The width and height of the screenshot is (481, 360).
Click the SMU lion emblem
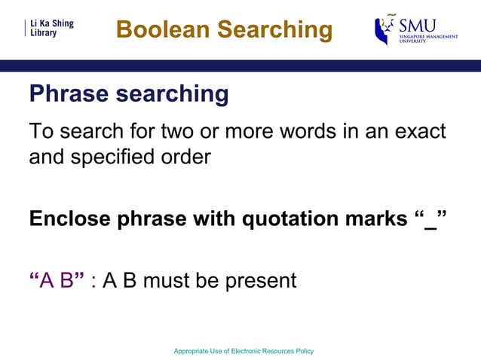pos(386,29)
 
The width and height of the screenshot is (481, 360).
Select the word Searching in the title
pos(274,29)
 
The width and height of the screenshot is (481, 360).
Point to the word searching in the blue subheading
pos(173,94)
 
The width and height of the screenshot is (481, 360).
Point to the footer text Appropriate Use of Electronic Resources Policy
pos(244,351)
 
